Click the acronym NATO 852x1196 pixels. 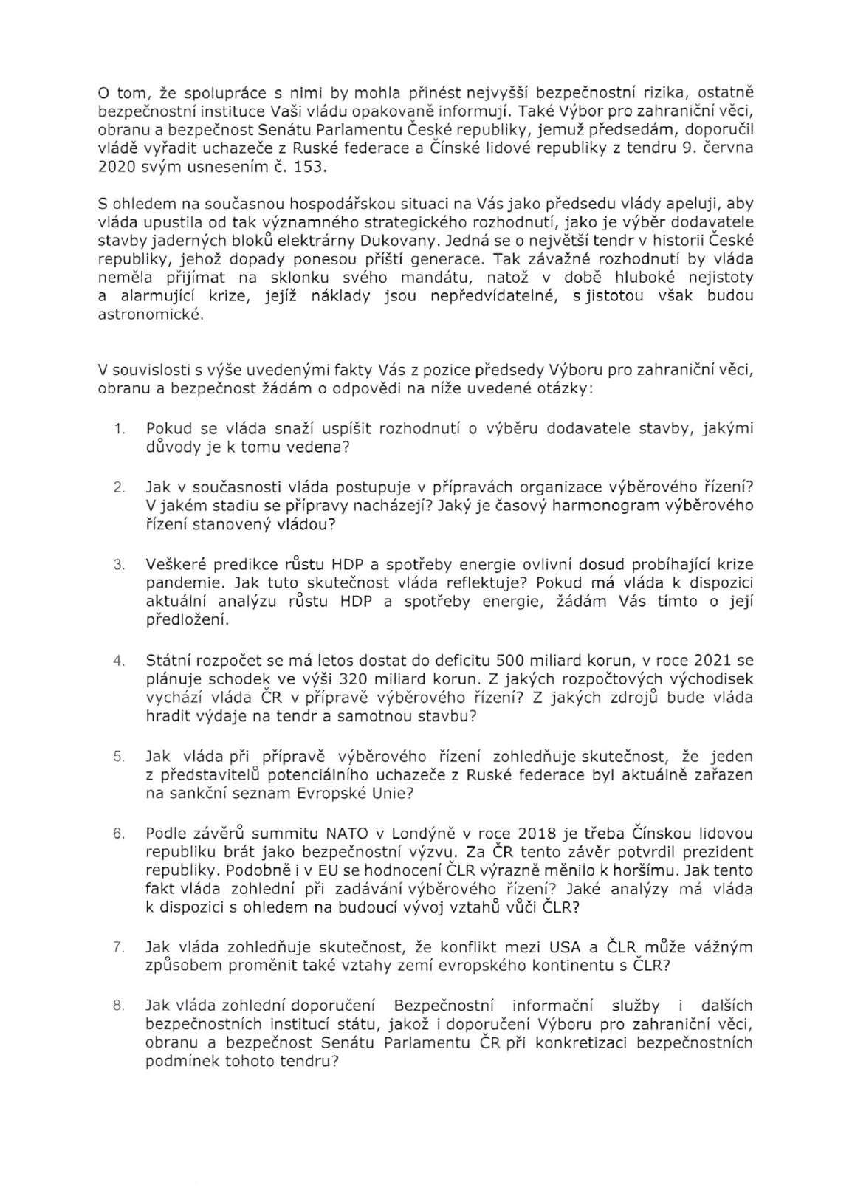[346, 833]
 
